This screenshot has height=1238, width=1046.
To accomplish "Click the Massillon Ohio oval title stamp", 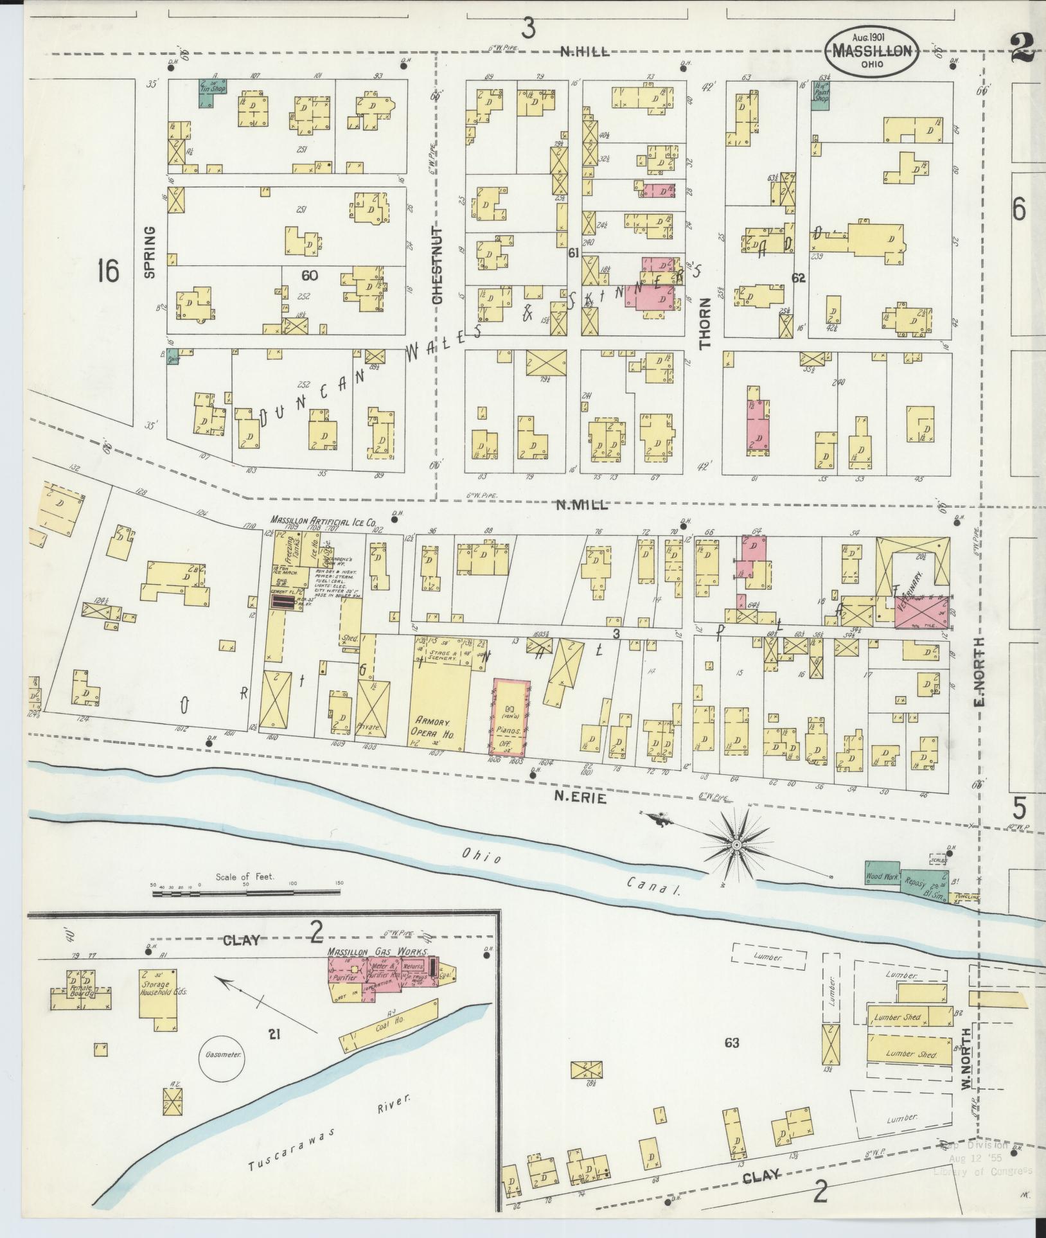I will pyautogui.click(x=873, y=52).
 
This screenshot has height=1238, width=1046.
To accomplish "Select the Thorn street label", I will pyautogui.click(x=706, y=323).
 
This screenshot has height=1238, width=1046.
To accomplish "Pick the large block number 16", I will pyautogui.click(x=108, y=272).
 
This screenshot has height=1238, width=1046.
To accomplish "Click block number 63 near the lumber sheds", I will pyautogui.click(x=732, y=1043).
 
